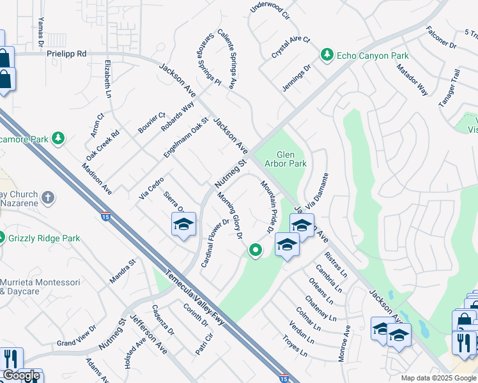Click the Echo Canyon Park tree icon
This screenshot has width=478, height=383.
(x=327, y=56)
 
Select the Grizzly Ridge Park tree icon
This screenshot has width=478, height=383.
(x=2, y=238)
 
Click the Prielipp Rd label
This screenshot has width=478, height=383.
(x=66, y=55)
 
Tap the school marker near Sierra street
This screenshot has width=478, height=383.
(x=183, y=225)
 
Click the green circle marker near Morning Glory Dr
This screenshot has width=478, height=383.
(x=256, y=250)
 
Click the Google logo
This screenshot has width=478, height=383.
(x=21, y=375)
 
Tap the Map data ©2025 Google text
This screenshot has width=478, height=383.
(x=438, y=378)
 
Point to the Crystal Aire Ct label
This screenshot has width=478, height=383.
(x=290, y=48)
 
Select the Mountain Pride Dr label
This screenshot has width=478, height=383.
(x=267, y=206)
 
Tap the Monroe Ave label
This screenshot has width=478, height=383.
(x=344, y=344)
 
